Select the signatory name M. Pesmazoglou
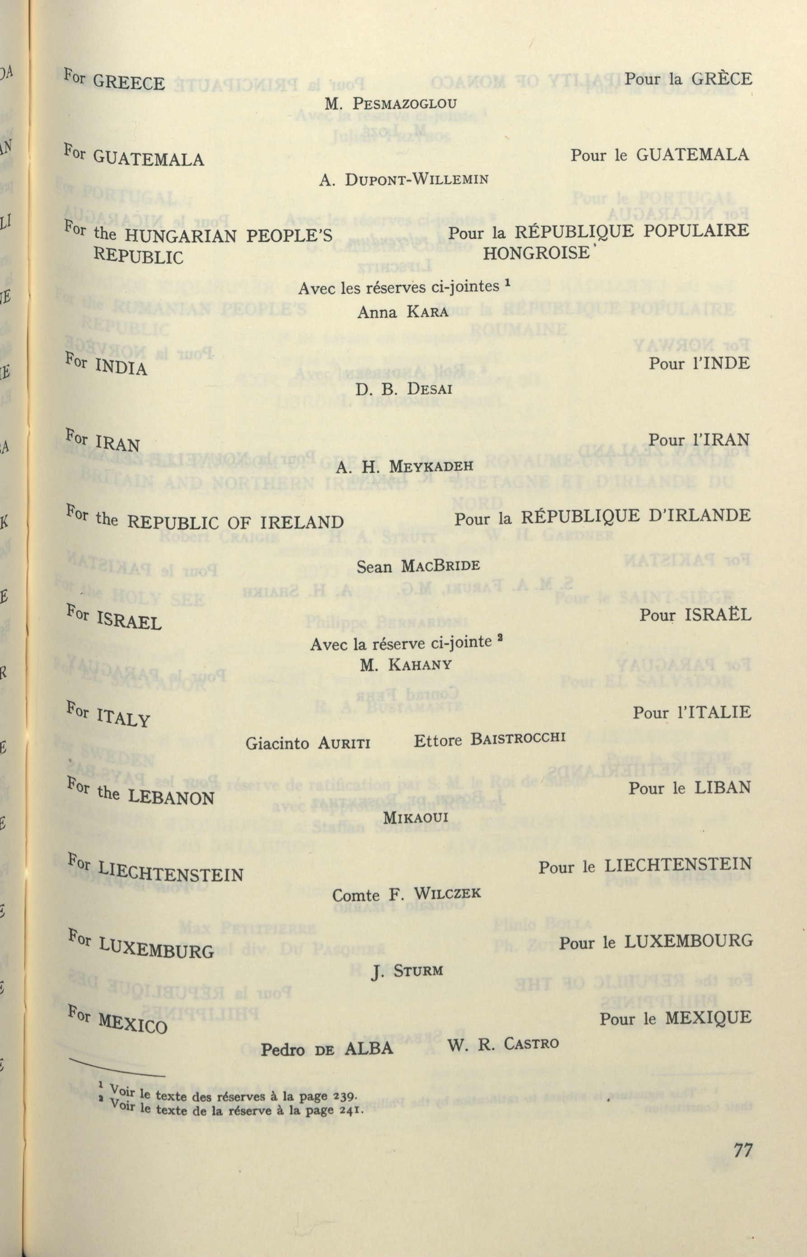coord(390,104)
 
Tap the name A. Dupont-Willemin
coord(403,180)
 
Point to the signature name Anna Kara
coord(403,312)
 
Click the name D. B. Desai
coord(403,389)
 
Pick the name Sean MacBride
coord(418,566)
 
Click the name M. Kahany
coord(406,666)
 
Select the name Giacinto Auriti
coord(308,742)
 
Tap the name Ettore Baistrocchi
coord(489,739)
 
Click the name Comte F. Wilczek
coord(406,894)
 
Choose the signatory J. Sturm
coord(407,971)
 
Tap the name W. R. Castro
coord(502,1044)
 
